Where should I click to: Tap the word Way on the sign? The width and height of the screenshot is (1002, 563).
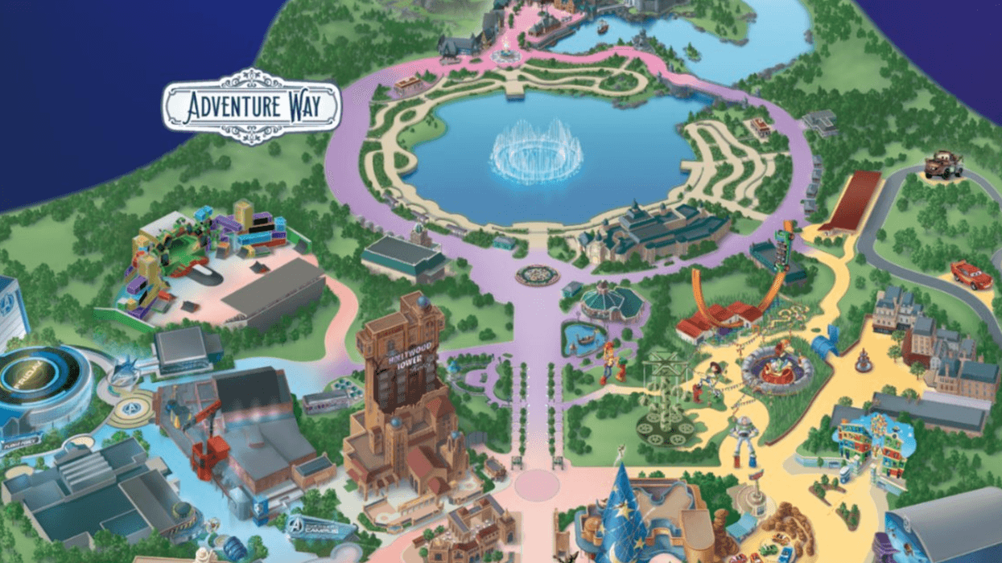click(x=307, y=106)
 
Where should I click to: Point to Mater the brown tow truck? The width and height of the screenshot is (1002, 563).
click(x=942, y=166)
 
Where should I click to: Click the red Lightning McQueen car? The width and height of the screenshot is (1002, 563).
click(x=971, y=274)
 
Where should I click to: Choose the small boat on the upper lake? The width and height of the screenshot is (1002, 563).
click(x=602, y=26)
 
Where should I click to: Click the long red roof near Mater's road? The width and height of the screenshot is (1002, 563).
click(x=853, y=200)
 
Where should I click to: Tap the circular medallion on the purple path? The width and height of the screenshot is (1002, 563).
click(x=537, y=275)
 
